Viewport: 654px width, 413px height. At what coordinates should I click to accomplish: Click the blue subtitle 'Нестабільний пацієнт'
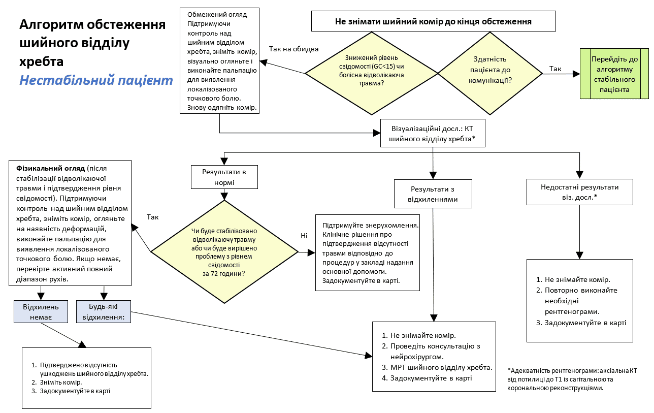96,80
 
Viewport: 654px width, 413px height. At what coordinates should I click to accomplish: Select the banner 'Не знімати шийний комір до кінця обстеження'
433,21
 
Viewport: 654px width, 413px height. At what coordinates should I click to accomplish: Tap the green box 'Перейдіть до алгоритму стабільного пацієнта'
614,74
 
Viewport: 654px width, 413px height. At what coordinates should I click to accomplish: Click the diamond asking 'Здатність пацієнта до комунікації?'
490,74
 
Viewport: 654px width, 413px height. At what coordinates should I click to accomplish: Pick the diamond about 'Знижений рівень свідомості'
371,74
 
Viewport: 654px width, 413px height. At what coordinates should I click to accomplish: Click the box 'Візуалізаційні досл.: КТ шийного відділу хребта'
433,133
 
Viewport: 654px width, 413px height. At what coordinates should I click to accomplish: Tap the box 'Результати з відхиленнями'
433,194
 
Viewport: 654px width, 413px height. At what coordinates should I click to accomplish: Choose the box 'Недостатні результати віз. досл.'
579,192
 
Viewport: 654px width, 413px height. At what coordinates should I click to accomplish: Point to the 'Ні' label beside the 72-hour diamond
304,236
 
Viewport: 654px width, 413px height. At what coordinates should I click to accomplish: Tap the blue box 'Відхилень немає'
41,311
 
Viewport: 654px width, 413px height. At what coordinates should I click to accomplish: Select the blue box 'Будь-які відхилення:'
104,311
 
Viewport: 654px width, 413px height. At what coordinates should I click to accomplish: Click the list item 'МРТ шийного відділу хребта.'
441,367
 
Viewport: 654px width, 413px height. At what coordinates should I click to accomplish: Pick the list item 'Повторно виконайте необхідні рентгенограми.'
581,300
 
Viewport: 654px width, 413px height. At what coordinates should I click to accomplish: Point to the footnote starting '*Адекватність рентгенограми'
572,379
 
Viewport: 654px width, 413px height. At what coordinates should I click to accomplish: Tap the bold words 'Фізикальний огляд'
50,168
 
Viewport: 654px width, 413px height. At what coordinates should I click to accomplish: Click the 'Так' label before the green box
555,69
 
